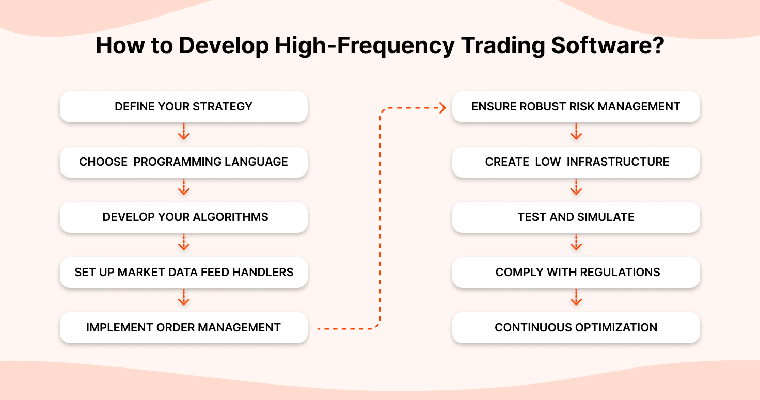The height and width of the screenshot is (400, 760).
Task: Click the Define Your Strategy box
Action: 184,107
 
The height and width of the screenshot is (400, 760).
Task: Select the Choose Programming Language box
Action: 184,162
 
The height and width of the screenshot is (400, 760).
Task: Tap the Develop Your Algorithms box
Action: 184,217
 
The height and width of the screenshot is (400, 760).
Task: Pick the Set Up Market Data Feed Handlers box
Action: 184,273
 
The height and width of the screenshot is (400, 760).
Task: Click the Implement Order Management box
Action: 184,328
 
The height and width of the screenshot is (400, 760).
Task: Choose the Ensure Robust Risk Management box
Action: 576,107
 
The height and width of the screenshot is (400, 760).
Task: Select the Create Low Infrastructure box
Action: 576,162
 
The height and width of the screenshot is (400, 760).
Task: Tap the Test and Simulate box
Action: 576,217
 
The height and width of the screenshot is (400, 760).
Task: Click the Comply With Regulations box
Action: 576,273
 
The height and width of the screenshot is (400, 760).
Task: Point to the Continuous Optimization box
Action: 576,328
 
